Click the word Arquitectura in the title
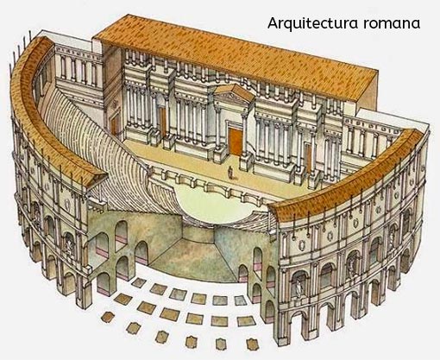point(313,23)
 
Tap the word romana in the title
point(392,24)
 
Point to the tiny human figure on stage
point(230,172)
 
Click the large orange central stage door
point(236,142)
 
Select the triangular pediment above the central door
point(234,93)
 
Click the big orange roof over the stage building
point(236,54)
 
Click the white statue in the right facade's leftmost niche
point(299,287)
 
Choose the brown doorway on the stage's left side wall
point(115,124)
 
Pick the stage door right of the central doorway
point(308,158)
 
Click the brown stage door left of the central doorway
point(162,120)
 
